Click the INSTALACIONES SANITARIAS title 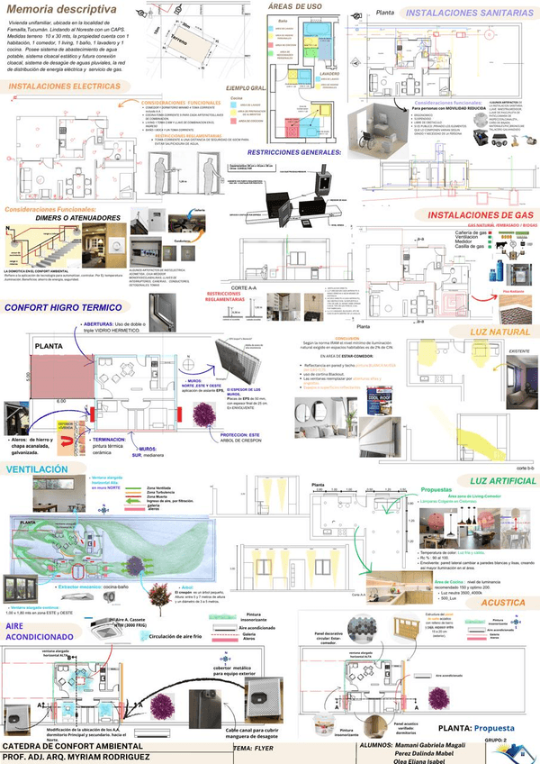click(463, 14)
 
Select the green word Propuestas click(436, 492)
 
